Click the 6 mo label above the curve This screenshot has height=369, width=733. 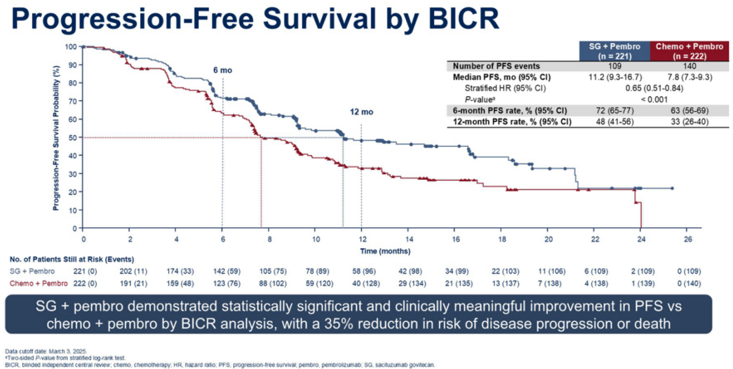coord(222,72)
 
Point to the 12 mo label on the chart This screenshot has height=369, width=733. coord(362,112)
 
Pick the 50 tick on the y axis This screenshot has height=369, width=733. coord(72,137)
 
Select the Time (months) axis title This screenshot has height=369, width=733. coord(385,250)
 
